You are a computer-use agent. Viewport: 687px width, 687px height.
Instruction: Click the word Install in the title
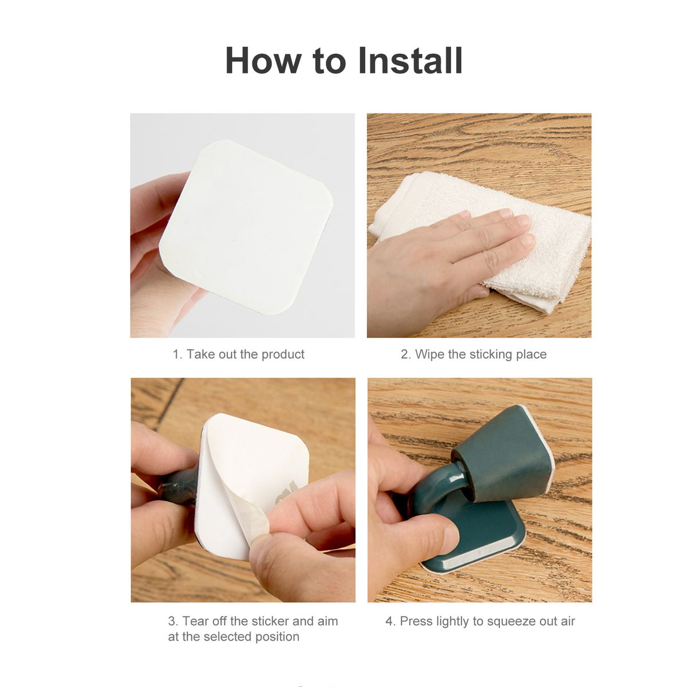(x=410, y=60)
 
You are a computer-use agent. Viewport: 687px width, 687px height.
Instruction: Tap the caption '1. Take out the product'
(x=239, y=354)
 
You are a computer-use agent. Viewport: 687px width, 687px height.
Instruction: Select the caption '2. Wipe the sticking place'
(x=474, y=354)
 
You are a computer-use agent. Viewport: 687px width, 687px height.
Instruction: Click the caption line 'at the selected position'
(x=234, y=637)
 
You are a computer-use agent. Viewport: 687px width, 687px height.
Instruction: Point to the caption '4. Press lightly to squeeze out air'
(x=480, y=621)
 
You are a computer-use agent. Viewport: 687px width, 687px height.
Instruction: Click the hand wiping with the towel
(x=445, y=264)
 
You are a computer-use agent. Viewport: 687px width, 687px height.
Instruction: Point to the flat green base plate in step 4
(x=488, y=535)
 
